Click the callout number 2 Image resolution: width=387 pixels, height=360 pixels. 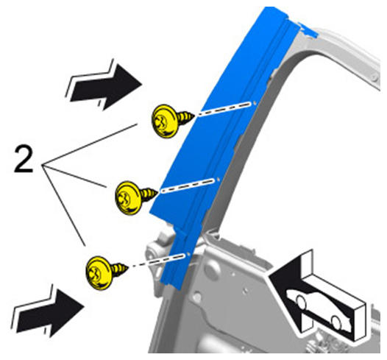(x=24, y=158)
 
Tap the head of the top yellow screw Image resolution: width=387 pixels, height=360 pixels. (x=164, y=121)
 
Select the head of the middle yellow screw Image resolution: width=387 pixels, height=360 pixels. (x=128, y=198)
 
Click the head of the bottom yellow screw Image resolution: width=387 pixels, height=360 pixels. (x=99, y=272)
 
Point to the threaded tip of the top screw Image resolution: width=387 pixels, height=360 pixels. (x=186, y=117)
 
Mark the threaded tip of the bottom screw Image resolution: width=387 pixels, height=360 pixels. (x=120, y=269)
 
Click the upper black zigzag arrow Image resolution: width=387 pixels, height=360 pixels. (x=105, y=85)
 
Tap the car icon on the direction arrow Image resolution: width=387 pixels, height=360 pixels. (x=319, y=309)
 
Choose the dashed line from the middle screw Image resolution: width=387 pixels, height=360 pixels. (x=190, y=186)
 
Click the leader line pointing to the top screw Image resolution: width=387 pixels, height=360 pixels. (x=90, y=144)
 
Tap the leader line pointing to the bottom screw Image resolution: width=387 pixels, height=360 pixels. (x=64, y=205)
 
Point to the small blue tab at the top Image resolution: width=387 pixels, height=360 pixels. (x=308, y=29)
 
